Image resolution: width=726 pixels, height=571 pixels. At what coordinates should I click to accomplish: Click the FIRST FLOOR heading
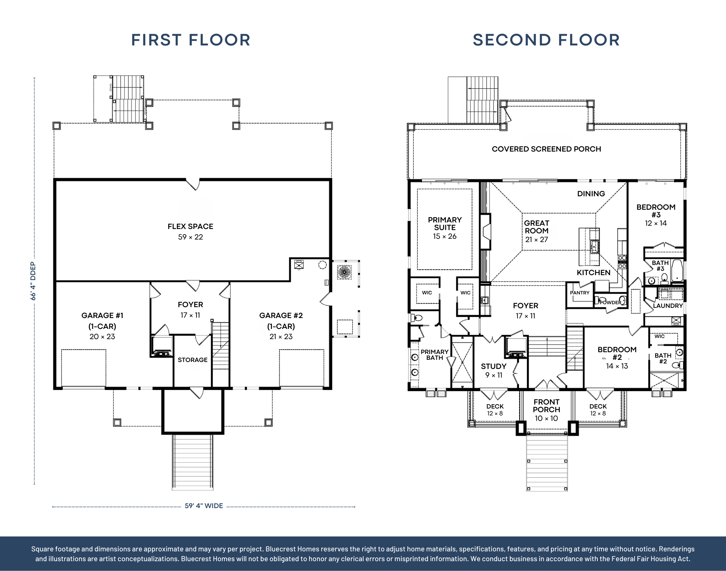[x=191, y=40]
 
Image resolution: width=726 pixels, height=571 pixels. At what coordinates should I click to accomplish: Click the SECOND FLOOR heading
[x=546, y=40]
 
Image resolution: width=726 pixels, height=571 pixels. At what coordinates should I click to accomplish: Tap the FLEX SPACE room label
[x=190, y=226]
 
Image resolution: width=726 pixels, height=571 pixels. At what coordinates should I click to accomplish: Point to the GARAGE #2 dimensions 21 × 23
[x=281, y=337]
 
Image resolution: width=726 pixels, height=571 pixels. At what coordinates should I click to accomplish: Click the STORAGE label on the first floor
[x=192, y=360]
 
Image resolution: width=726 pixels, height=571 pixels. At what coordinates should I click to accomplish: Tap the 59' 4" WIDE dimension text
[x=204, y=506]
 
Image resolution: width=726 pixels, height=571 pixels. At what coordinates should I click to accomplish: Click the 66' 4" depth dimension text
[x=33, y=281]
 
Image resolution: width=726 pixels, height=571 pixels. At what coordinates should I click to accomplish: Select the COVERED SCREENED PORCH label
[x=546, y=149]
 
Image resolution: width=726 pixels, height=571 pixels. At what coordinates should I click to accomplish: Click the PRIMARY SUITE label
[x=445, y=224]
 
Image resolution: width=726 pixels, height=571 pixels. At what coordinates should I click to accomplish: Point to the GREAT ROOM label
[x=536, y=227]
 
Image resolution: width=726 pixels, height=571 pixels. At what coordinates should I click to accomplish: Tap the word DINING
[x=591, y=194]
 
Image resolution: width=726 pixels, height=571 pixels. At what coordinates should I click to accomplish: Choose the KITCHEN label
[x=593, y=273]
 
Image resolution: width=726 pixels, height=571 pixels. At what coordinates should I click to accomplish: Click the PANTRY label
[x=580, y=293]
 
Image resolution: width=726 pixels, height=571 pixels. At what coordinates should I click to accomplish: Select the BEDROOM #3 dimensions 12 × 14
[x=656, y=223]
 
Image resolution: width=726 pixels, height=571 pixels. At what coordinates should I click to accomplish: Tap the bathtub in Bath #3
[x=677, y=270]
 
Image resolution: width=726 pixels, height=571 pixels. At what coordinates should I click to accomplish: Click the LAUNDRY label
[x=668, y=306]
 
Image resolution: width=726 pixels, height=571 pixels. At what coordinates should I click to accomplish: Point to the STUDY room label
[x=494, y=366]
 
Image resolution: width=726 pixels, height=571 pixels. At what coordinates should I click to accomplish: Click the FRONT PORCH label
[x=547, y=406]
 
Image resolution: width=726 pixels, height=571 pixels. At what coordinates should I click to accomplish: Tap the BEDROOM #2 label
[x=617, y=353]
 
